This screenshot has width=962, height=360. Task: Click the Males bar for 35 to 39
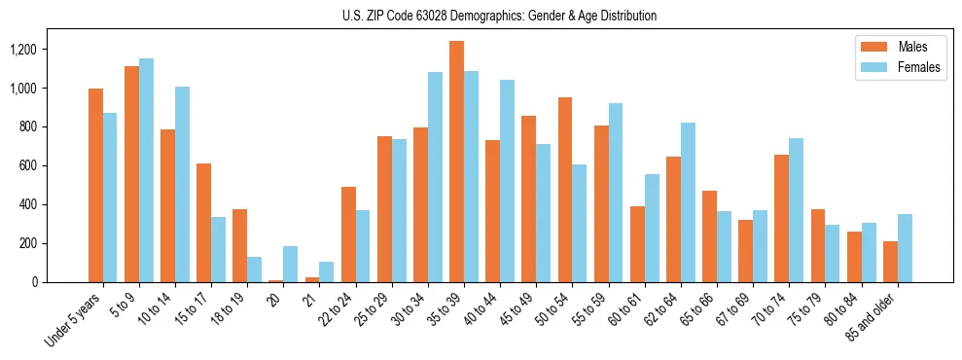456,162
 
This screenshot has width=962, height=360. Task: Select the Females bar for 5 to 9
146,170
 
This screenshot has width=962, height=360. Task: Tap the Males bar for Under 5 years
95,185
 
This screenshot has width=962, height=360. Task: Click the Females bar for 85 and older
905,248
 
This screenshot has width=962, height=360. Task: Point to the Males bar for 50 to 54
565,190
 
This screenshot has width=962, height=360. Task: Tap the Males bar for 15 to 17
203,223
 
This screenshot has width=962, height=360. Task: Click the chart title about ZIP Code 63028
499,16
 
